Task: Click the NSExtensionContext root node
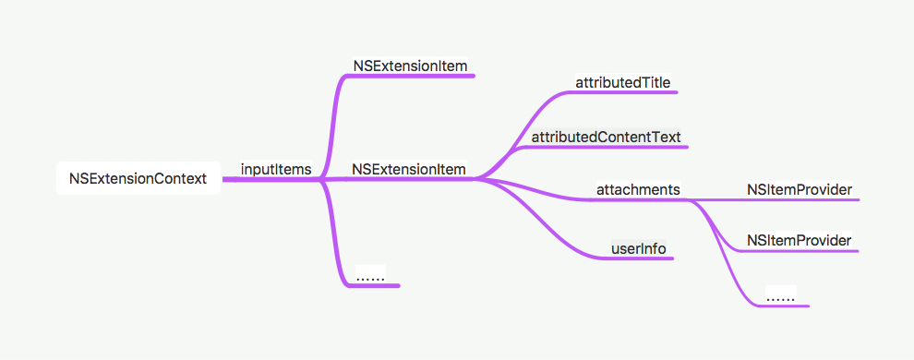(x=138, y=177)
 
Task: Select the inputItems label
(x=275, y=169)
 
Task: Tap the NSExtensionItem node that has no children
(x=409, y=66)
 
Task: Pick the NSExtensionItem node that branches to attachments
(x=409, y=169)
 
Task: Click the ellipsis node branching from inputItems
(x=369, y=275)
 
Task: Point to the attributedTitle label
(x=623, y=82)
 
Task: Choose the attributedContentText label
(x=606, y=137)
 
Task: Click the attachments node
(x=638, y=189)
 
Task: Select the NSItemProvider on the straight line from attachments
(x=799, y=189)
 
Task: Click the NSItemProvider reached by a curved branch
(x=799, y=240)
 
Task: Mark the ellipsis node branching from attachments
(x=781, y=296)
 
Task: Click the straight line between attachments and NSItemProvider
(x=716, y=198)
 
